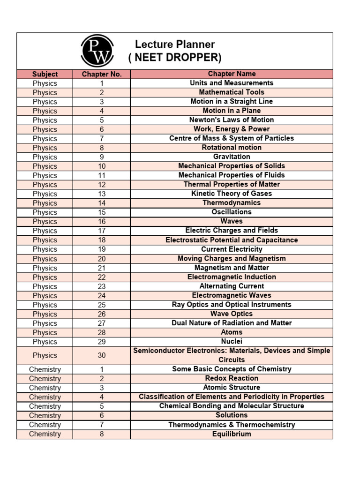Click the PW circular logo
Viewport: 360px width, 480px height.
(x=97, y=51)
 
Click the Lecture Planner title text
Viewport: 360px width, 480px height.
(x=175, y=45)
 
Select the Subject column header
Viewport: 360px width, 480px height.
(x=45, y=74)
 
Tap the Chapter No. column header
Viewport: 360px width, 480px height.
(x=102, y=74)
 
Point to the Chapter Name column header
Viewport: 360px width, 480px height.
(x=232, y=74)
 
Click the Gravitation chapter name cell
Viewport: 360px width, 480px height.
(x=232, y=157)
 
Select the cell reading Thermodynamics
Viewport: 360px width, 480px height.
(x=232, y=202)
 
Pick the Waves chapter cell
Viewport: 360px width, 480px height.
(x=232, y=221)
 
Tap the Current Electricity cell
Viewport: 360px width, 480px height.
(x=232, y=249)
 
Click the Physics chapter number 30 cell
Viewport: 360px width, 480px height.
(x=102, y=355)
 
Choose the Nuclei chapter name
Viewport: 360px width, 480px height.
(x=232, y=341)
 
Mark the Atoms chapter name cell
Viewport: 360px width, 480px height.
(x=232, y=332)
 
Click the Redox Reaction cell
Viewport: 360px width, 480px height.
(x=232, y=378)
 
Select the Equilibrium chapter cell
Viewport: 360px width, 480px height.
(x=232, y=434)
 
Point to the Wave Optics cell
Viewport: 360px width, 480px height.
(x=232, y=314)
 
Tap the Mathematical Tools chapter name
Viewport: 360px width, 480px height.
(x=232, y=92)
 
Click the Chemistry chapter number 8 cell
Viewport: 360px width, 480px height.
(x=102, y=434)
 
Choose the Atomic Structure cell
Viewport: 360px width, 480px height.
(x=232, y=387)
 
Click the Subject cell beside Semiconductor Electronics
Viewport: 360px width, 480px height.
(x=45, y=355)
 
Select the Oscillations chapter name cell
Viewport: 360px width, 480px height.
(x=232, y=212)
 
